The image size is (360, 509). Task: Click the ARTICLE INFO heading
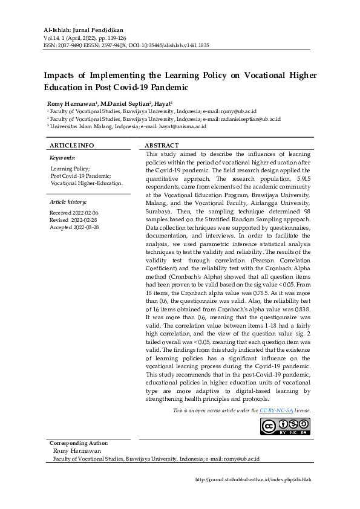(71, 146)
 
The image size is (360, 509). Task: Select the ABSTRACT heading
(162, 146)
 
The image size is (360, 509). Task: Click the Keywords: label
(62, 157)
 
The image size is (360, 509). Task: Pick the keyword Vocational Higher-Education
(87, 183)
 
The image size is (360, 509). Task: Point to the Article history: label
(68, 201)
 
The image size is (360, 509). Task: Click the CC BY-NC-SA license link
(277, 410)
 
